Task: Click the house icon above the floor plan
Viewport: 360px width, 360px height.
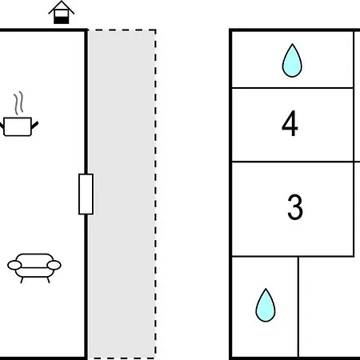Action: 62,13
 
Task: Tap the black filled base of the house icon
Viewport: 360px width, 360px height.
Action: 62,20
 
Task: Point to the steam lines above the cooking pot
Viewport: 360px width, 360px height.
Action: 18,103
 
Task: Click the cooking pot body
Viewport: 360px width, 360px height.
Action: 18,126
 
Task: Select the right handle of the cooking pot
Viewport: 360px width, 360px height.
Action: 35,125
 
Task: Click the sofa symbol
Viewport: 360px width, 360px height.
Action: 34,268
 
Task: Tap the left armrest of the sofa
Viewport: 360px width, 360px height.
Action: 14,266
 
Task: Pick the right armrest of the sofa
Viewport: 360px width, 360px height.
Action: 54,265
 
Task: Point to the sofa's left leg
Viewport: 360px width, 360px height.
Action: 22,280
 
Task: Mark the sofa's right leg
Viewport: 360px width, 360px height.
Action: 48,280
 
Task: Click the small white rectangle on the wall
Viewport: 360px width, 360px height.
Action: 86,194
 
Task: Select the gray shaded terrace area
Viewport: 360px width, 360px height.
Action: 122,194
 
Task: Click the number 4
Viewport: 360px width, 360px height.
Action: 290,123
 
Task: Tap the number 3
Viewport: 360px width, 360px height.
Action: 295,207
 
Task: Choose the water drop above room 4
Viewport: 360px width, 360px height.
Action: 292,60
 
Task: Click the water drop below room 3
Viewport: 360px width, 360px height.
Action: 266,305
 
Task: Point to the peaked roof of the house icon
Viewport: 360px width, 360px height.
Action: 62,7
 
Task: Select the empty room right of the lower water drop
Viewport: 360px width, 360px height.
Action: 330,306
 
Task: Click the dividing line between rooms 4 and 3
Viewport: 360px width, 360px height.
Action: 293,162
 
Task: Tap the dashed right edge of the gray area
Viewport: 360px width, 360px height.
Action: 155,194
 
